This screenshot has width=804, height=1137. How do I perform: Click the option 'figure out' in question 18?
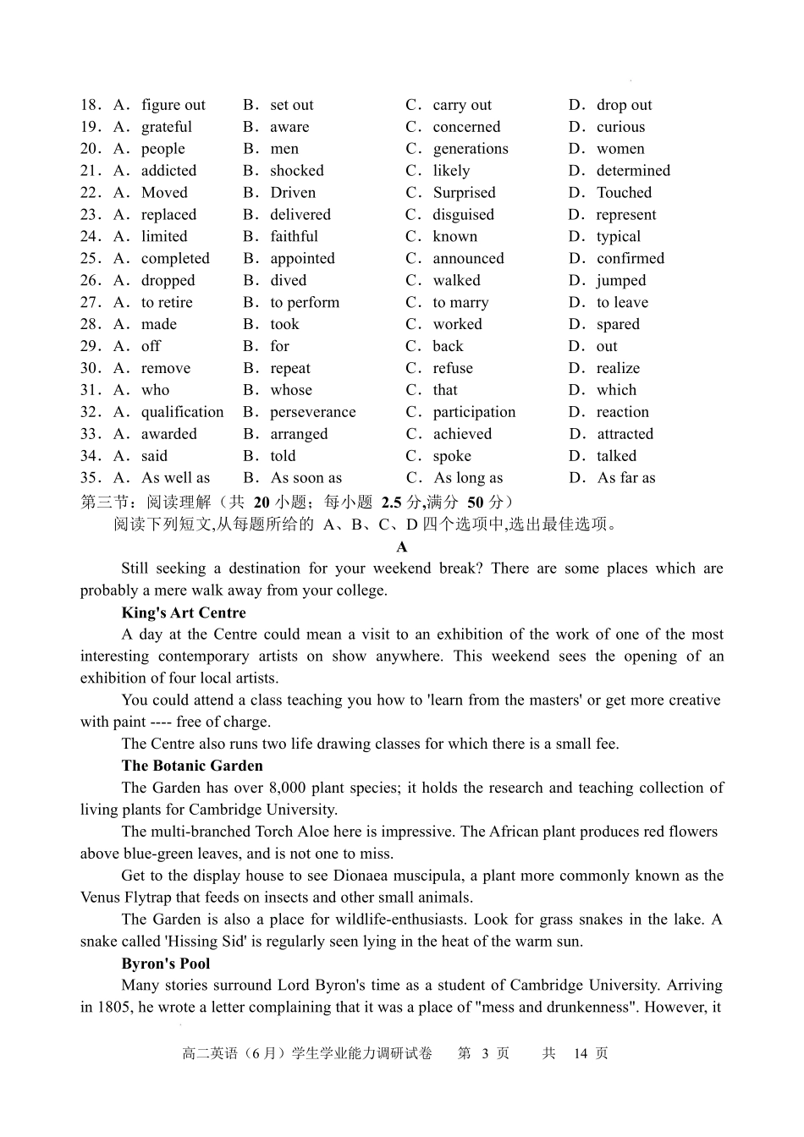[173, 105]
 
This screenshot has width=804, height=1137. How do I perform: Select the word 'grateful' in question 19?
[166, 127]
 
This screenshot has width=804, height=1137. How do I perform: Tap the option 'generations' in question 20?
[471, 149]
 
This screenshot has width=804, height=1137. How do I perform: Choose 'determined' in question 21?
[633, 171]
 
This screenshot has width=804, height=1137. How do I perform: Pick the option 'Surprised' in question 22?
[464, 193]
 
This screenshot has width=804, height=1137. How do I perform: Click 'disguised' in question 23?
[463, 215]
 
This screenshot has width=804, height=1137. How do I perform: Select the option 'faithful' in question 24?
[294, 237]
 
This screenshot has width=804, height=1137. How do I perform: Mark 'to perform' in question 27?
[304, 303]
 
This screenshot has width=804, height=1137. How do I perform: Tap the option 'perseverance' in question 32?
[312, 412]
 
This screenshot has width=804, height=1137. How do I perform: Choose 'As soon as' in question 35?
[306, 478]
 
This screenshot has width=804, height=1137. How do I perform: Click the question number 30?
[91, 368]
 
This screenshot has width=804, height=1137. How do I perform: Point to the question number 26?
[91, 280]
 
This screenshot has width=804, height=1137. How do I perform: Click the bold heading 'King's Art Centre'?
[184, 612]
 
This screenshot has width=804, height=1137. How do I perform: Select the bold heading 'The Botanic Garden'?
[192, 766]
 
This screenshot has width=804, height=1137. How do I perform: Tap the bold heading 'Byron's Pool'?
[166, 964]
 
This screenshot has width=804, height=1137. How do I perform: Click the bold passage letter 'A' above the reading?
[402, 547]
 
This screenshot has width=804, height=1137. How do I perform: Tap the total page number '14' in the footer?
[581, 1053]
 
